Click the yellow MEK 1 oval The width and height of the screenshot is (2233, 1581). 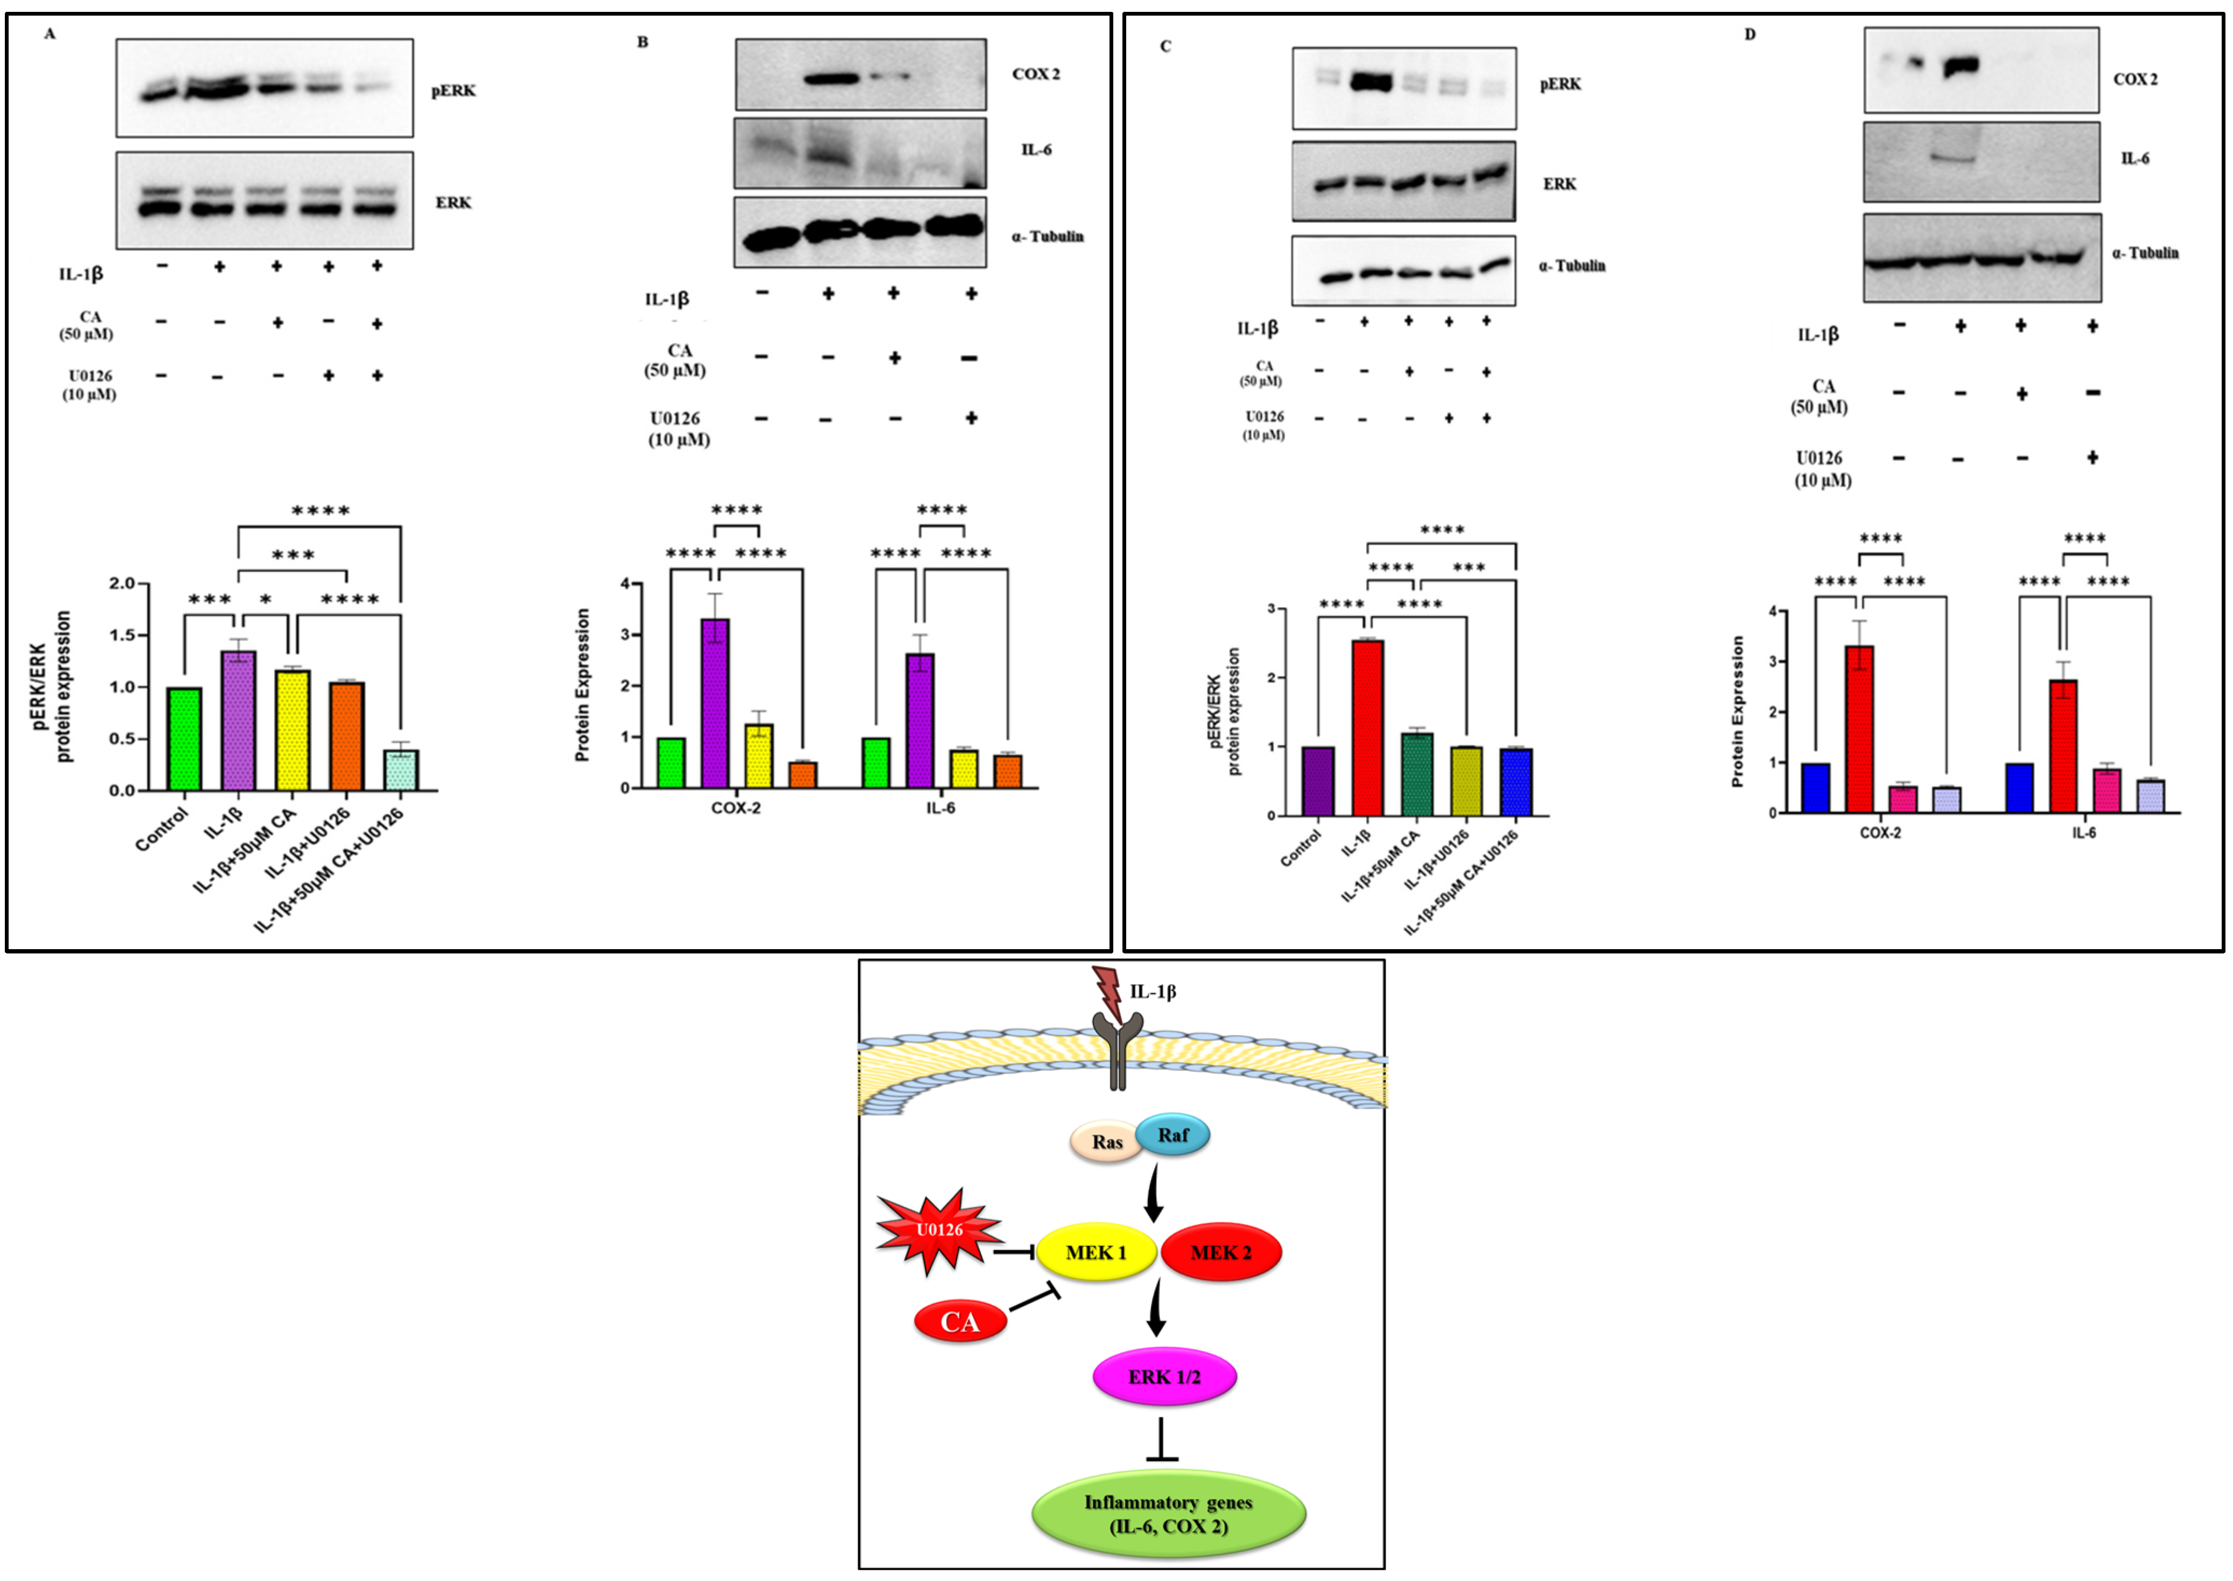click(x=1096, y=1252)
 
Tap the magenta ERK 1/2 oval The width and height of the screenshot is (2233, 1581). click(x=1164, y=1376)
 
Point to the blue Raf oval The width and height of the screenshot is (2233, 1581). click(x=1173, y=1135)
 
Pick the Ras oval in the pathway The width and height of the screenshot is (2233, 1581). click(x=1107, y=1142)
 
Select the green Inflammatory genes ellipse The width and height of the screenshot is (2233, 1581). click(x=1168, y=1514)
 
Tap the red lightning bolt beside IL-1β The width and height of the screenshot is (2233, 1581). click(x=1109, y=993)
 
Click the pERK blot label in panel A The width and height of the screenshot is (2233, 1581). click(x=453, y=90)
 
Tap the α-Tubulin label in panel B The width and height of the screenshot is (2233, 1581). click(x=1048, y=236)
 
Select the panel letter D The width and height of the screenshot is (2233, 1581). click(x=1749, y=34)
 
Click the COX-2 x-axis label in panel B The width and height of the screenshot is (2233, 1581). click(x=736, y=808)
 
